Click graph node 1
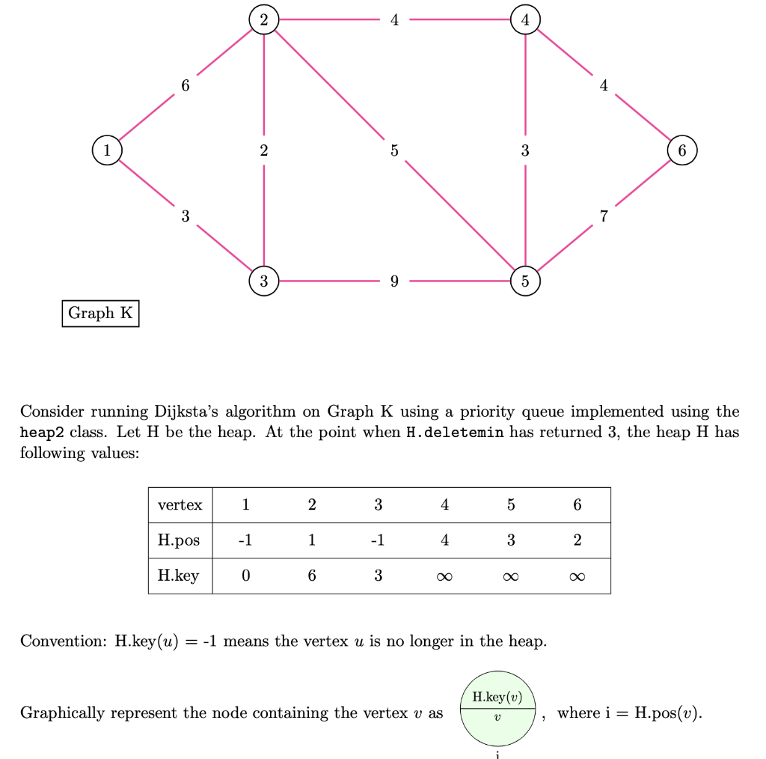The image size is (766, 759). point(107,150)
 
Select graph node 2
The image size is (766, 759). point(263,19)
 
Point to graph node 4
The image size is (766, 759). point(525,19)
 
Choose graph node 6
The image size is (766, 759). point(681,150)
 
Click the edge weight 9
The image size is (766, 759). point(394,282)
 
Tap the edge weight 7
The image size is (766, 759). point(604,216)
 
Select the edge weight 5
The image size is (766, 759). point(394,150)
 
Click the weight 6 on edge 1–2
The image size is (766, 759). point(186,85)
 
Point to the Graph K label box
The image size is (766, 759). point(100,313)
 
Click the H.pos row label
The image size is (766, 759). point(180,540)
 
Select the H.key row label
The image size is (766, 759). point(180,576)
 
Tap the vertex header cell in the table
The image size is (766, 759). point(180,505)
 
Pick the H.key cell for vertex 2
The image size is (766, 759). point(312,576)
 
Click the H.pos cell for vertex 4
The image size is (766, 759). point(444,540)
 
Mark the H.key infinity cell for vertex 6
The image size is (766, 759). point(577,576)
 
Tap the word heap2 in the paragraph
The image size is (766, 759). point(43,433)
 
